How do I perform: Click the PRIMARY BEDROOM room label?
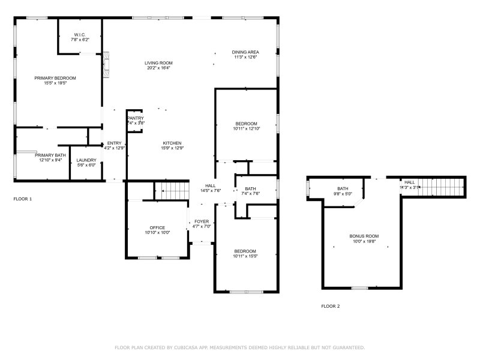[55, 78]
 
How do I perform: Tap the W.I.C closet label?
[79, 34]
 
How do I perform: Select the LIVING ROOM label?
[158, 62]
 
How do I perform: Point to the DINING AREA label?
[245, 52]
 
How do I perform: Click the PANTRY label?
[136, 118]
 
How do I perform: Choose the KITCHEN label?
[172, 143]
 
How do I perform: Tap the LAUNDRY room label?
[86, 160]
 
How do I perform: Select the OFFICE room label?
[157, 227]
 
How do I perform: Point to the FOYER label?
[202, 221]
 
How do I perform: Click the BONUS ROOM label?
[364, 236]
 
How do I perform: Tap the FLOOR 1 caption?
[23, 199]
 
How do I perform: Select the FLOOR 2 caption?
[330, 306]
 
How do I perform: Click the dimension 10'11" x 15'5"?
[245, 256]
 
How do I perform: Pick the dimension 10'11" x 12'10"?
[245, 128]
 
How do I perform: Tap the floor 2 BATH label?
[343, 188]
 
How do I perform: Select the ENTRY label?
[114, 143]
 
